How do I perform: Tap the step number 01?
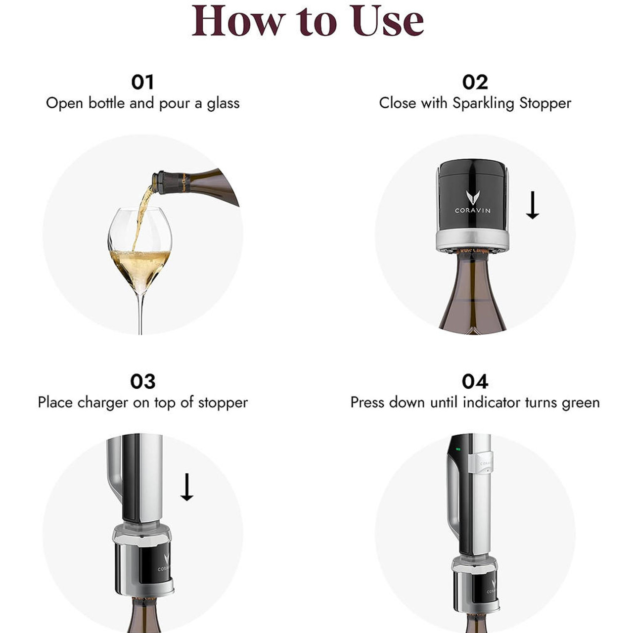point(142,82)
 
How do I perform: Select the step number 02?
point(475,82)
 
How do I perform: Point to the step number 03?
point(142,381)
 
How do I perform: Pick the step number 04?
point(475,381)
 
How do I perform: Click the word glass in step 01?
point(223,103)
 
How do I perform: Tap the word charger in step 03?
point(102,403)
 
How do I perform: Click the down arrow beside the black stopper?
point(532,205)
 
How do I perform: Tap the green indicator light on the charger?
point(458,450)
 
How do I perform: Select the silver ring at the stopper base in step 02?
point(472,241)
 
